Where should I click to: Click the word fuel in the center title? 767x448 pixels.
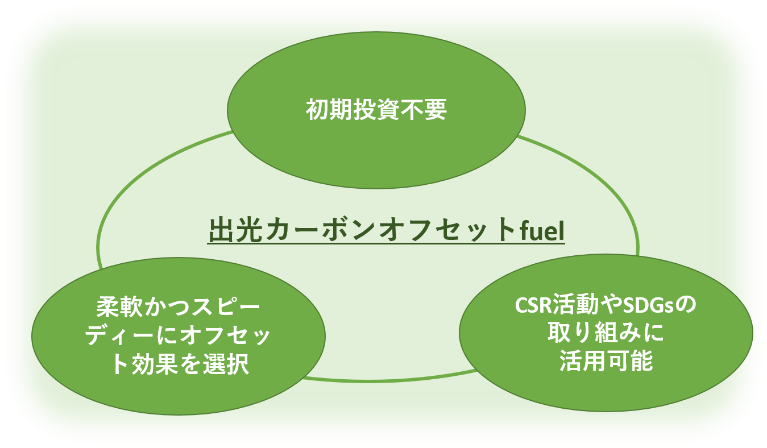(542, 230)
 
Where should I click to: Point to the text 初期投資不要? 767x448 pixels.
(376, 110)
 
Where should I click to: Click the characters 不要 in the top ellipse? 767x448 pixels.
(423, 110)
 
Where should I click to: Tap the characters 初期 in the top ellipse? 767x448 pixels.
(329, 110)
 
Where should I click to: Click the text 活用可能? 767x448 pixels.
(606, 360)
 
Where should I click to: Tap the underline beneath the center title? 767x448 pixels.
(386, 243)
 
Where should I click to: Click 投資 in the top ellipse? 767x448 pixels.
(376, 110)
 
